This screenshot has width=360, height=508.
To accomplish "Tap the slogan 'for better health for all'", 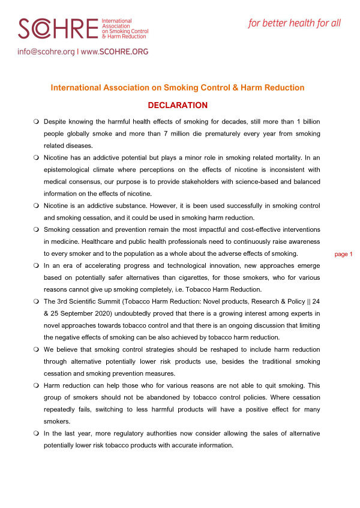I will point(294,23).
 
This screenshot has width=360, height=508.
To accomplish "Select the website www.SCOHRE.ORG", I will point(114,52).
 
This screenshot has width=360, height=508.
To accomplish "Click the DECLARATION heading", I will point(178,106).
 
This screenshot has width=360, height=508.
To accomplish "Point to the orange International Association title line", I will point(178,88).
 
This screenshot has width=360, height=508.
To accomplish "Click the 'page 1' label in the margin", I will point(343,254).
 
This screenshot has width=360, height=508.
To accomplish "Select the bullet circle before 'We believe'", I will point(36,349).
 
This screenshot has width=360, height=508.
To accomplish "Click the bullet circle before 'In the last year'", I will point(36,434).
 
